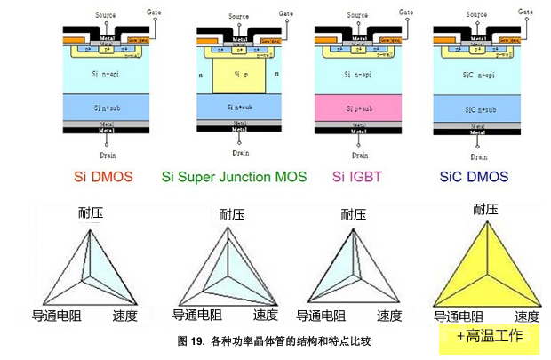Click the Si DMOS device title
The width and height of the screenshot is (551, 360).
click(98, 177)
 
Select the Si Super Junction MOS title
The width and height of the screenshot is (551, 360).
click(234, 177)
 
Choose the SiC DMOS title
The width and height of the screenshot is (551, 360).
click(475, 177)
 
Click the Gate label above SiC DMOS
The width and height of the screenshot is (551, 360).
click(528, 12)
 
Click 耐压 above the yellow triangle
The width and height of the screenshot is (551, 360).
click(486, 209)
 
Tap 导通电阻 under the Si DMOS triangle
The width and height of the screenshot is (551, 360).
click(57, 316)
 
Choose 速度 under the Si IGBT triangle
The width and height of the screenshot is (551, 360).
click(389, 316)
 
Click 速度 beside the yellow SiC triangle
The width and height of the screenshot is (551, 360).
click(527, 316)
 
